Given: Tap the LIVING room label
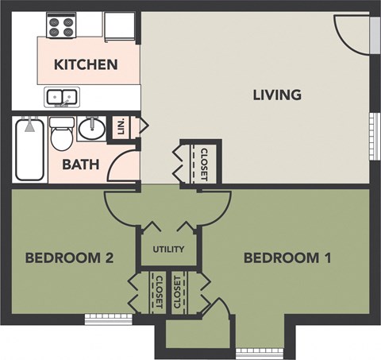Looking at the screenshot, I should click(x=277, y=95).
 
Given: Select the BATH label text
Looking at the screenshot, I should click(x=80, y=165).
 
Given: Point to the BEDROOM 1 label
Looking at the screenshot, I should click(x=287, y=258).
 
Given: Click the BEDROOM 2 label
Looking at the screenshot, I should click(x=71, y=258).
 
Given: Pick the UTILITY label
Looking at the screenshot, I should click(x=169, y=250).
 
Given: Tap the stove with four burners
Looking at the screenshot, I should click(x=60, y=26).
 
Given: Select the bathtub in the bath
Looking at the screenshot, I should click(x=29, y=149).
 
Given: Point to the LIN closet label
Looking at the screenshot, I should click(x=121, y=127).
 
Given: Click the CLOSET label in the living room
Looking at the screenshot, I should click(x=203, y=164).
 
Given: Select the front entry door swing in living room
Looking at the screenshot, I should click(x=351, y=35).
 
